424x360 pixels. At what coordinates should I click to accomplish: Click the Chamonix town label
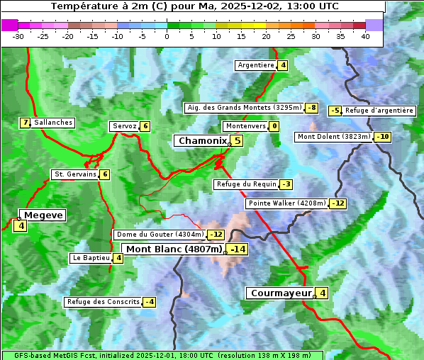(202, 141)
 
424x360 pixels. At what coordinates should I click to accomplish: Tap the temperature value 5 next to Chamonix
(238, 141)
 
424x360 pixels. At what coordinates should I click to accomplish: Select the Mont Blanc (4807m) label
(174, 249)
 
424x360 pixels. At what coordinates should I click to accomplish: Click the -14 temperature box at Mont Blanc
(238, 249)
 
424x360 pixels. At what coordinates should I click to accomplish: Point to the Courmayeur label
(281, 293)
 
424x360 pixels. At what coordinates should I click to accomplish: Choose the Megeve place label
(43, 215)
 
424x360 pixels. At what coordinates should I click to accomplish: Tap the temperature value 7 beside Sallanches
(26, 123)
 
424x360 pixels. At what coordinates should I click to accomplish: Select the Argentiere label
(256, 65)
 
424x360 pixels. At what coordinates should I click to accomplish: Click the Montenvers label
(245, 126)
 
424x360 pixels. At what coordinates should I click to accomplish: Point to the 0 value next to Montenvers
(274, 126)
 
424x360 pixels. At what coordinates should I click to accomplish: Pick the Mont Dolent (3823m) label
(334, 137)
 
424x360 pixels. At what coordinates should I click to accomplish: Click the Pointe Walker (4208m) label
(287, 203)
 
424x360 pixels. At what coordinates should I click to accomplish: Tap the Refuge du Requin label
(246, 184)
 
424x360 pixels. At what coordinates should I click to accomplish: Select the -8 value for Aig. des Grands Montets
(311, 108)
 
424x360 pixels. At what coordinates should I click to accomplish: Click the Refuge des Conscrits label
(103, 302)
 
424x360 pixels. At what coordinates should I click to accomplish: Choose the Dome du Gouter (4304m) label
(160, 235)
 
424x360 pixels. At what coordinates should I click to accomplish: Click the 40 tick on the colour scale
(365, 36)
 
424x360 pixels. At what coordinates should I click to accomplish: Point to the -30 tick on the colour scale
(18, 36)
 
